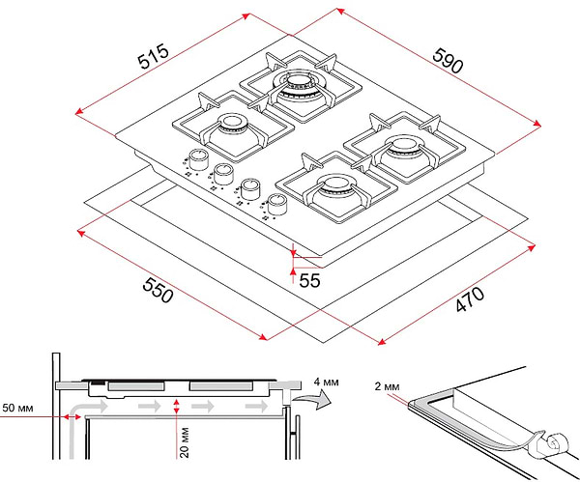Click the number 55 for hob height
tap(309, 281)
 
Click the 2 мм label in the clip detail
tap(386, 386)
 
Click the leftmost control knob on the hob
tap(198, 157)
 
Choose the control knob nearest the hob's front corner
tap(277, 204)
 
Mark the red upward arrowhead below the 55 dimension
tap(293, 272)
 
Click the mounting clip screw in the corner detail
tap(552, 444)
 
